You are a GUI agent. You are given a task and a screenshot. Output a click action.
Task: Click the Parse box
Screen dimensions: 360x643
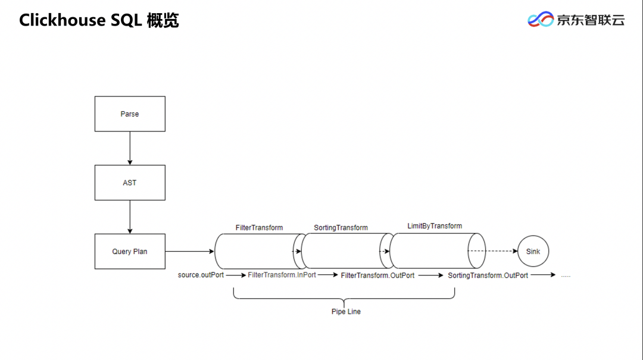(x=130, y=114)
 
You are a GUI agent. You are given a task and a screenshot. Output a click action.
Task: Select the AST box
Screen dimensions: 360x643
(x=130, y=183)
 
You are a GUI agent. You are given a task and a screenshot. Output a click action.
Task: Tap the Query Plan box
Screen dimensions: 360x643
(x=130, y=251)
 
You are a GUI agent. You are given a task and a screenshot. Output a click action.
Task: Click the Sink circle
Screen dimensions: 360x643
(x=533, y=251)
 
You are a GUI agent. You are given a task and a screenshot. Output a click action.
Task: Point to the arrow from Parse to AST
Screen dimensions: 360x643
(x=130, y=148)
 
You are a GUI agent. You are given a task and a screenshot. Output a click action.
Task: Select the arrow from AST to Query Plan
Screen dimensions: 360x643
(x=130, y=217)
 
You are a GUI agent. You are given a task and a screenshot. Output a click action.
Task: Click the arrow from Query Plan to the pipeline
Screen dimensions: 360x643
(x=189, y=251)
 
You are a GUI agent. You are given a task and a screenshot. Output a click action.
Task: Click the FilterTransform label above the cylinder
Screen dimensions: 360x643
(x=259, y=227)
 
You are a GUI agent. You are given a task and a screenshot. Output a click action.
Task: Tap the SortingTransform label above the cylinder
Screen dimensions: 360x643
(x=341, y=227)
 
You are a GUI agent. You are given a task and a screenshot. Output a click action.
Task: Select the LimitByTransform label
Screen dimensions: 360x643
(x=435, y=226)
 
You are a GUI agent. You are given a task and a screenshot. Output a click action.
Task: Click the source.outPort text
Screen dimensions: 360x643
(x=201, y=275)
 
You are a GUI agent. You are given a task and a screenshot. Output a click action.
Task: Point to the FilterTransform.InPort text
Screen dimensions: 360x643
(x=282, y=275)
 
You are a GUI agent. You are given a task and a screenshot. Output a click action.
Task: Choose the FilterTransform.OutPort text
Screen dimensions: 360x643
(x=377, y=276)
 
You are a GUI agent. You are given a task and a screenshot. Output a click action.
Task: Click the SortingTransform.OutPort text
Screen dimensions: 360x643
(x=488, y=276)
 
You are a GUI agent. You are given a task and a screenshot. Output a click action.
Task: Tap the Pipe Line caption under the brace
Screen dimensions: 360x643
(x=346, y=311)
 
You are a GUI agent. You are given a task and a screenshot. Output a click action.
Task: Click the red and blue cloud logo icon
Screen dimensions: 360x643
(x=540, y=20)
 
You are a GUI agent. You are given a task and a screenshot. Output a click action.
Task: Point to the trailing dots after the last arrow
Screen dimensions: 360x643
(x=566, y=276)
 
